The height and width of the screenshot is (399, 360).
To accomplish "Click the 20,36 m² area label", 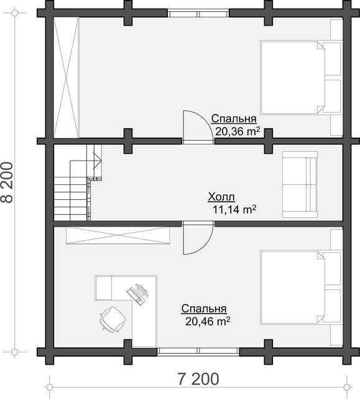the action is pyautogui.click(x=238, y=131).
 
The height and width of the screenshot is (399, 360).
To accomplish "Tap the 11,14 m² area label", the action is pyautogui.click(x=234, y=209).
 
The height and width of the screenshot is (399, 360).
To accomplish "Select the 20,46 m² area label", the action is pyautogui.click(x=208, y=321).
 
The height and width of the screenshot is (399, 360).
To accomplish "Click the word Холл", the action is pyautogui.click(x=221, y=197).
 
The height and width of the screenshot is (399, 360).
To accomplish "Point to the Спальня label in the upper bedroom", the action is pyautogui.click(x=234, y=119).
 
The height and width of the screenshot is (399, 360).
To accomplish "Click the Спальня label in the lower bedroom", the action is pyautogui.click(x=204, y=308).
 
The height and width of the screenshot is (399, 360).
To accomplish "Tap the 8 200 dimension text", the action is pyautogui.click(x=7, y=182).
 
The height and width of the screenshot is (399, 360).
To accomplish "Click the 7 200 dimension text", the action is pyautogui.click(x=198, y=379).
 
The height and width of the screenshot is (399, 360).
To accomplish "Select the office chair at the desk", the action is pyautogui.click(x=113, y=319).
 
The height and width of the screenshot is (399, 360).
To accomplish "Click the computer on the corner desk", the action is pyautogui.click(x=137, y=293).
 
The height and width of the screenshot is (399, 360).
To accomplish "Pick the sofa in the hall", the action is pyautogui.click(x=300, y=184).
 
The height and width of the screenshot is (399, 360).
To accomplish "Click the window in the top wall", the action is pyautogui.click(x=198, y=13).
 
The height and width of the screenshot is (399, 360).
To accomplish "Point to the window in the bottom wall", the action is pyautogui.click(x=198, y=351).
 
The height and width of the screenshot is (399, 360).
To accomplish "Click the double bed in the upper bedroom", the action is pyautogui.click(x=301, y=77).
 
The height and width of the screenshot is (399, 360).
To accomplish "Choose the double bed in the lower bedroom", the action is pyautogui.click(x=301, y=288).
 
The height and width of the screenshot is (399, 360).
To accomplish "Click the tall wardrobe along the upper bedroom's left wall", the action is pyautogui.click(x=67, y=77).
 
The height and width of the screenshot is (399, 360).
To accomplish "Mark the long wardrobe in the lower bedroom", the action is pyautogui.click(x=118, y=235).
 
